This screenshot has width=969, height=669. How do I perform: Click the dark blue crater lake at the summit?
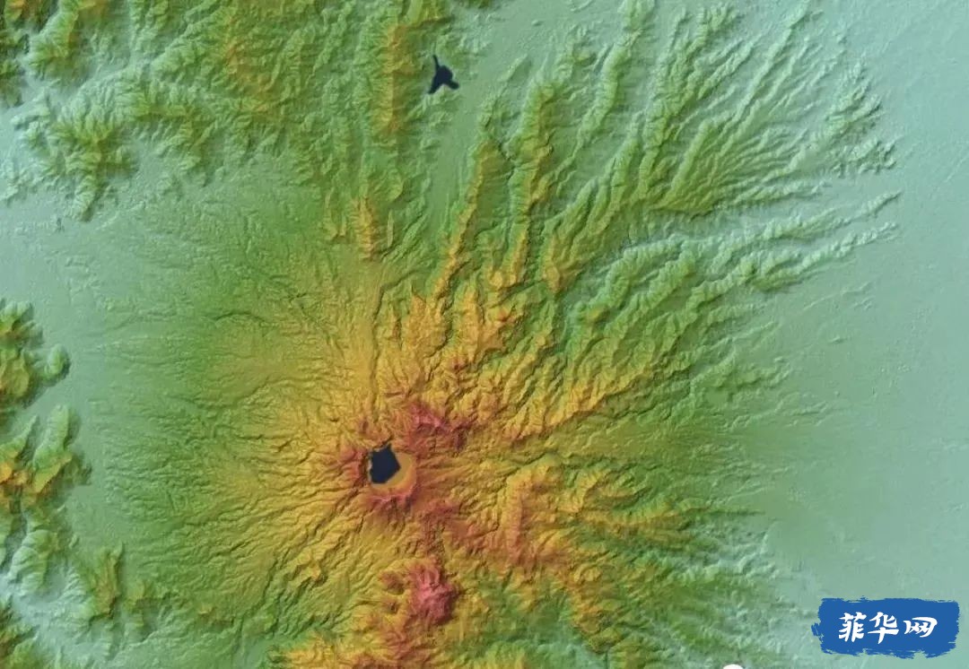point(384,465)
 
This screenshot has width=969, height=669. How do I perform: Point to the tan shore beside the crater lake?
point(406,470)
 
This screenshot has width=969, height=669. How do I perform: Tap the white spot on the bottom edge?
point(733,666)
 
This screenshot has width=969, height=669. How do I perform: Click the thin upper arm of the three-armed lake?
point(436,63)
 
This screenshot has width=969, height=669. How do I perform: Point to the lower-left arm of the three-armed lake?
point(432,89)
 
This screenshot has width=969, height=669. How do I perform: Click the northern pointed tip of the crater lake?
point(387,447)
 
